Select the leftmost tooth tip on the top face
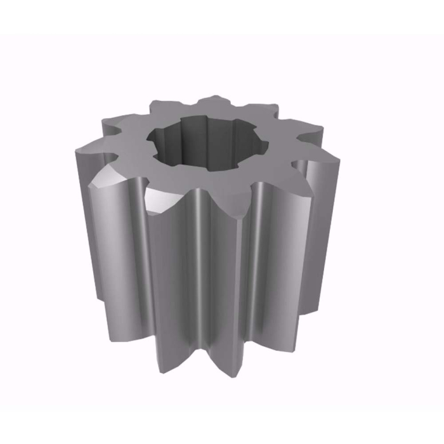77,151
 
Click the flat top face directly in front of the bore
209,181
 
